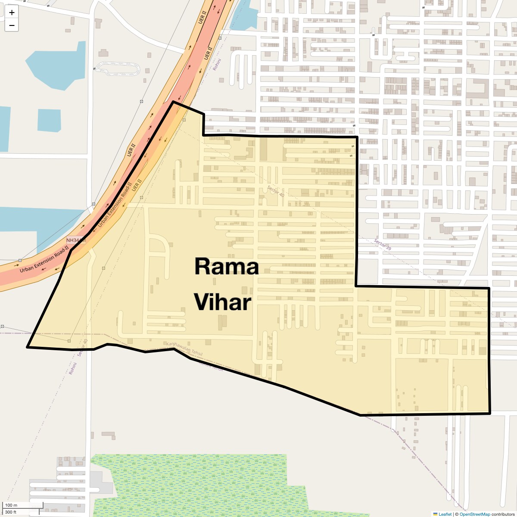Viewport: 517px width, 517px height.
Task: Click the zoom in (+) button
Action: coord(12,12)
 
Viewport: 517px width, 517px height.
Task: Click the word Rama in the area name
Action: coord(227,267)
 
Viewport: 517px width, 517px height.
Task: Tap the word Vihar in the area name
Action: coord(222,302)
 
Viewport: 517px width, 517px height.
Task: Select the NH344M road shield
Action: coord(75,240)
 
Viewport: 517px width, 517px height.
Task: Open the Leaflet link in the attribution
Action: coord(445,514)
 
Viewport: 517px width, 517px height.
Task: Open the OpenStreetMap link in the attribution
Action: coord(475,514)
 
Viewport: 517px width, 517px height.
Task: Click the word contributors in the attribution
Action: coord(503,514)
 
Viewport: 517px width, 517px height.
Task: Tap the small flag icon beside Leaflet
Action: coord(435,514)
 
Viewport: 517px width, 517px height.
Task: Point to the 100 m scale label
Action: coord(11,505)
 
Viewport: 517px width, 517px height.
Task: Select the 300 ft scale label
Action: coord(11,512)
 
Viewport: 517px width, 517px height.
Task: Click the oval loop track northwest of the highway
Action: coord(118,68)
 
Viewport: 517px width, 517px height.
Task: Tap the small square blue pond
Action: coord(49,120)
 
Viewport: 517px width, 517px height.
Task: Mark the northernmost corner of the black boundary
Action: coord(173,102)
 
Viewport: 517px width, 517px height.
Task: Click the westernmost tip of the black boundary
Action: coord(28,347)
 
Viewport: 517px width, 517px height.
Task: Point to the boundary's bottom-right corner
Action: coord(490,413)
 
